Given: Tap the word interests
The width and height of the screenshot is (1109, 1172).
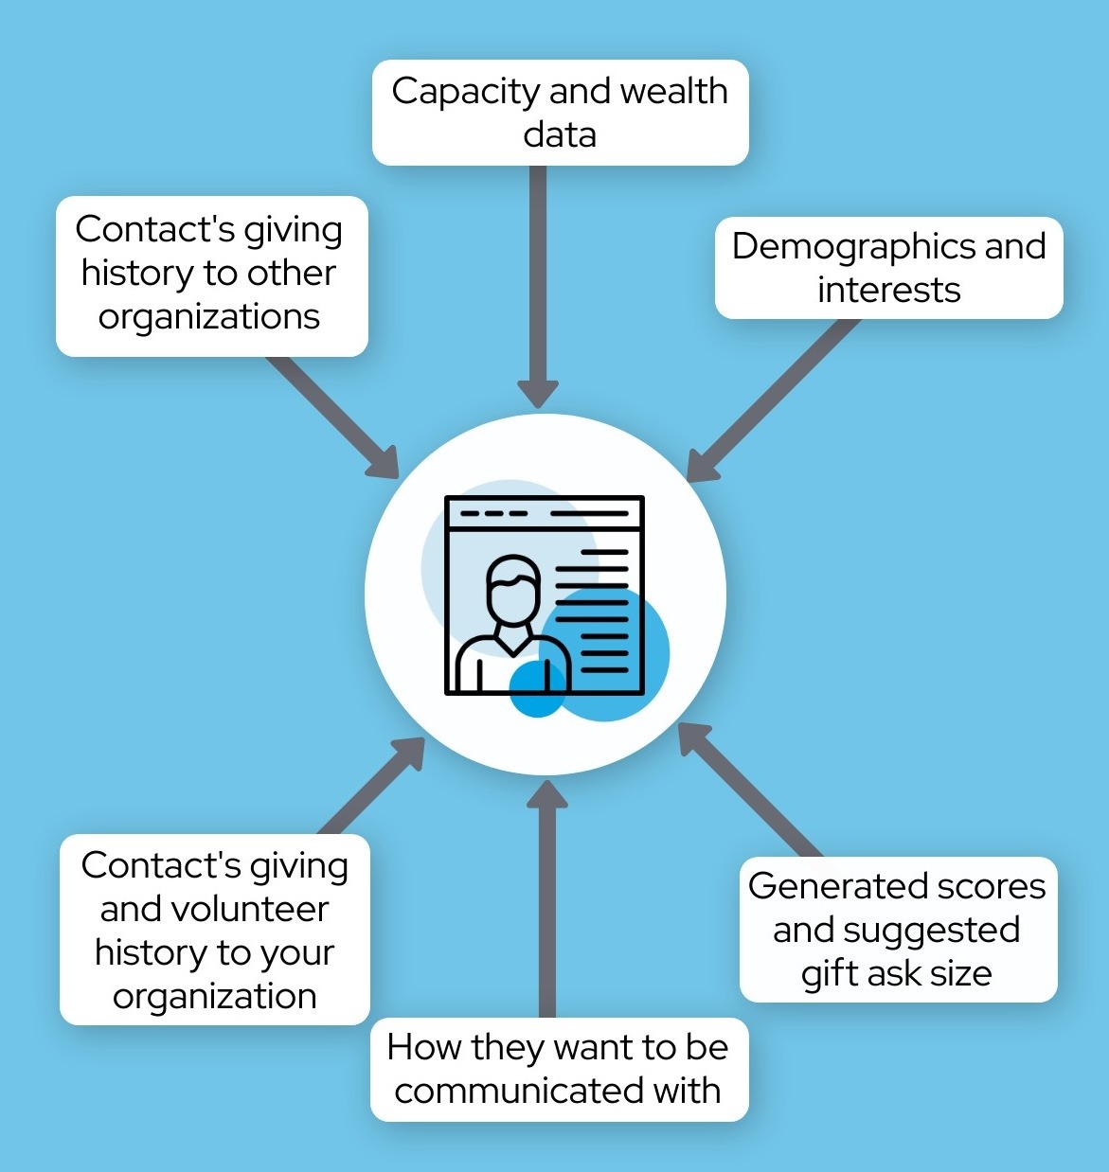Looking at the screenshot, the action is pyautogui.click(x=889, y=290).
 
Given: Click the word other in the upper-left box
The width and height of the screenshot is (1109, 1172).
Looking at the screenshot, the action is pyautogui.click(x=291, y=273).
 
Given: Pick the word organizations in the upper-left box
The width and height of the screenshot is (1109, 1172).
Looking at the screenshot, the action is pyautogui.click(x=208, y=318).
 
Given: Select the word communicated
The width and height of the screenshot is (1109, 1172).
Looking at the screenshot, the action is pyautogui.click(x=517, y=1090).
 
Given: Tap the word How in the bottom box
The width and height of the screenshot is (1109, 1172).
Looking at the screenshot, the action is pyautogui.click(x=424, y=1047).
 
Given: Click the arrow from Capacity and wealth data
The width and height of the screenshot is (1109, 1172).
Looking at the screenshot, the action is pyautogui.click(x=538, y=287).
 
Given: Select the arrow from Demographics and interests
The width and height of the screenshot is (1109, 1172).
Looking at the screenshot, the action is pyautogui.click(x=773, y=400).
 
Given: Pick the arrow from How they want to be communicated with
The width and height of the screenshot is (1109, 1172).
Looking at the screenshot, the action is pyautogui.click(x=547, y=899).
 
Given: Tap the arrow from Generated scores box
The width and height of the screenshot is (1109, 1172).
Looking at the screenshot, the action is pyautogui.click(x=750, y=790).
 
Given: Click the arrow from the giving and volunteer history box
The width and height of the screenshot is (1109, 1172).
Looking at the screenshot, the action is pyautogui.click(x=371, y=786).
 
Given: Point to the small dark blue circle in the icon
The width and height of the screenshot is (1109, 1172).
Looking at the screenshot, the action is pyautogui.click(x=537, y=688).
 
